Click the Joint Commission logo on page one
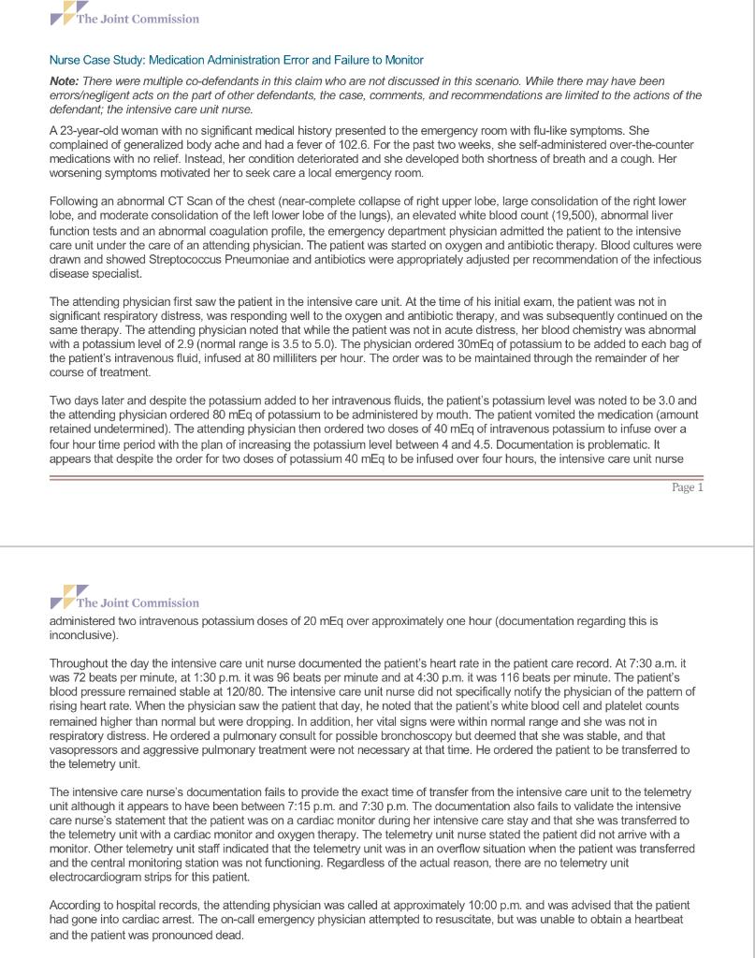(123, 19)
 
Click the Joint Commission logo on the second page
(123, 602)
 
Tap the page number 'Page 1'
(687, 487)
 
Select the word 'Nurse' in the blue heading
(65, 60)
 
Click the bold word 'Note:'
(65, 82)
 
